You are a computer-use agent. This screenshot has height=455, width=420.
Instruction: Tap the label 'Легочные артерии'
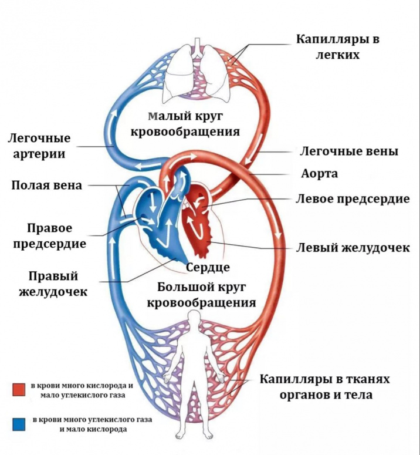(39, 146)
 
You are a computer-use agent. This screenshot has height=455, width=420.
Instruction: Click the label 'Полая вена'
(47, 186)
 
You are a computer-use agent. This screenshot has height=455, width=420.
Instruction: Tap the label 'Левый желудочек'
(354, 248)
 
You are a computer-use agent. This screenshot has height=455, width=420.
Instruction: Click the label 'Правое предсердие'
(57, 235)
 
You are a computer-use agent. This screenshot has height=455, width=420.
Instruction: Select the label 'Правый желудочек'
(57, 283)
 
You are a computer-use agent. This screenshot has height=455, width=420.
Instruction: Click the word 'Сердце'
(208, 268)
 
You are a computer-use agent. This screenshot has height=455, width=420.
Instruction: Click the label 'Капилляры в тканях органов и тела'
(324, 387)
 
